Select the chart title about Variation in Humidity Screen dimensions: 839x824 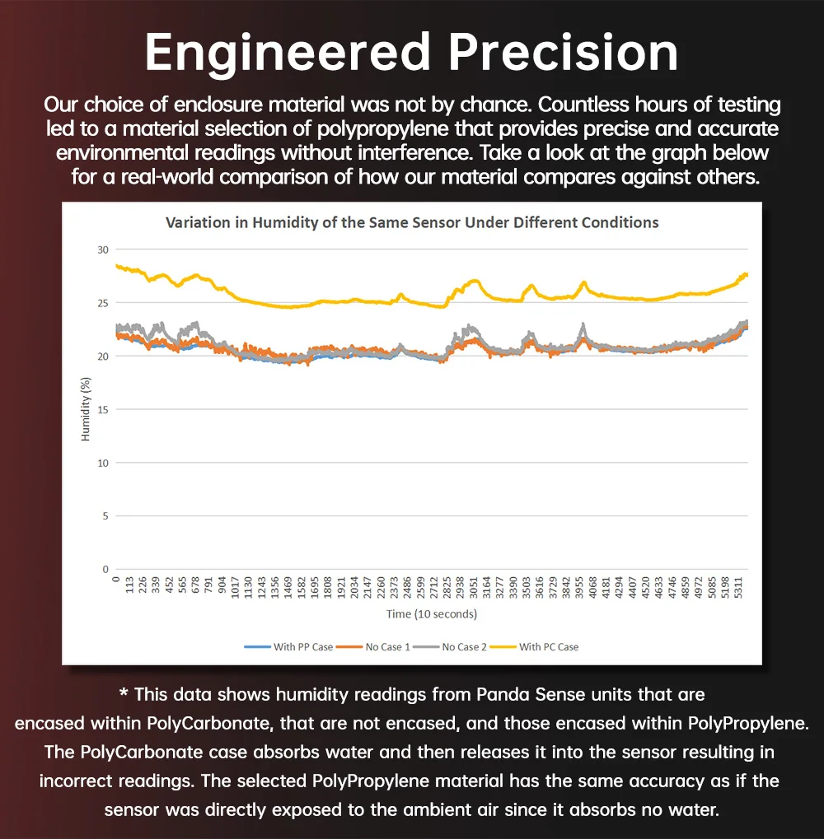412,222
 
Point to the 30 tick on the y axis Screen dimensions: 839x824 103,249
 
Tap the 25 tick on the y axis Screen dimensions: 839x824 103,303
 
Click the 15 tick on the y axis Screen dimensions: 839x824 103,409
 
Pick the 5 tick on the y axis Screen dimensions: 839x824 105,516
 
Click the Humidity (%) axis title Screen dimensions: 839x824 85,408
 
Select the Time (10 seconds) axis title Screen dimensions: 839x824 431,614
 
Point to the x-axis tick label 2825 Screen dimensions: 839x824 447,590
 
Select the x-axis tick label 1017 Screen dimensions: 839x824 236,590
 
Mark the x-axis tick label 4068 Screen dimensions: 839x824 593,590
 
